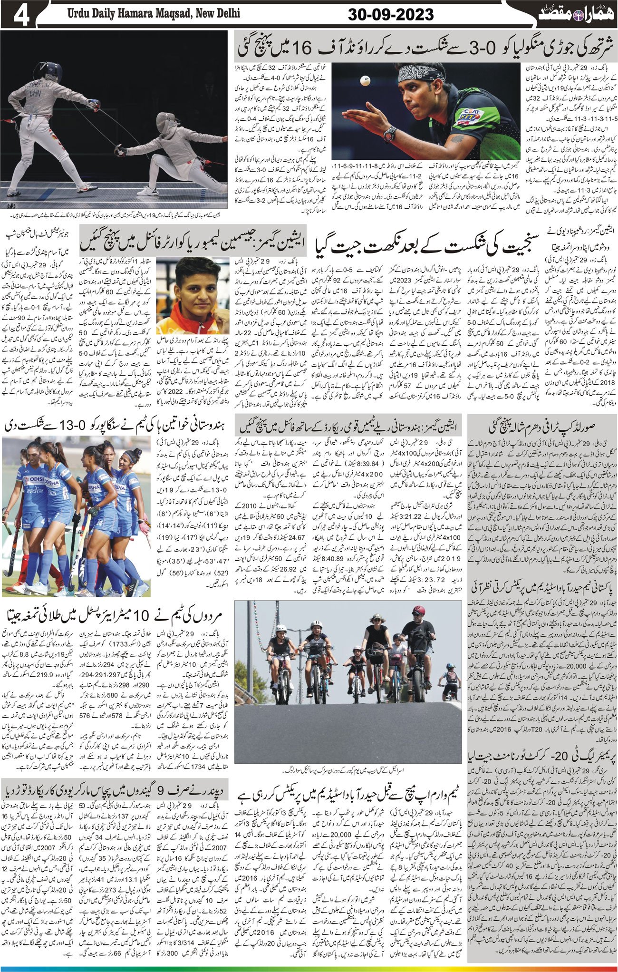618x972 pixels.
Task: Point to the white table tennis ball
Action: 365,81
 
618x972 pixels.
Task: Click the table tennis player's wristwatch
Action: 390,133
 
